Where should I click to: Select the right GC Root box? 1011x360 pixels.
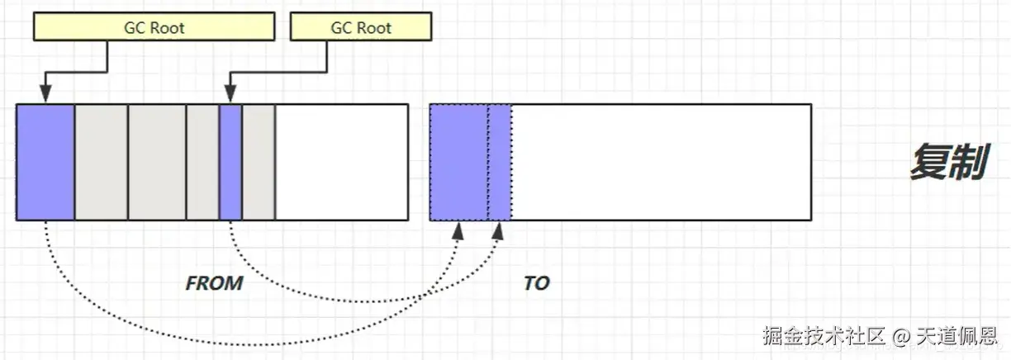coord(362,27)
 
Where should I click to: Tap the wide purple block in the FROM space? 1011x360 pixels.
coord(45,162)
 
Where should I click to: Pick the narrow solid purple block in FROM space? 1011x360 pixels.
coord(230,162)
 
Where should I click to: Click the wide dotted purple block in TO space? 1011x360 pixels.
coord(458,162)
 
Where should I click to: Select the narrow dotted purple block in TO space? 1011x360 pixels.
coord(500,162)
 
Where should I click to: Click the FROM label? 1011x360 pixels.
coord(214,283)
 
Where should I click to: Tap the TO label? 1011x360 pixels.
coord(536,283)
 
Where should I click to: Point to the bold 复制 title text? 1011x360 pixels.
coord(949,163)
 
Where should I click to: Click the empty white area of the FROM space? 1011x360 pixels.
coord(341,162)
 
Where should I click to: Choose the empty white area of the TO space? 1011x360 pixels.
coord(661,162)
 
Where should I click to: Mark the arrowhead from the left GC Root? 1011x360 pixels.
coord(46,96)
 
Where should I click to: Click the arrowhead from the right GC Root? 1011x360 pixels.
coord(230,96)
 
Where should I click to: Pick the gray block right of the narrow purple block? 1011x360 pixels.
coord(258,162)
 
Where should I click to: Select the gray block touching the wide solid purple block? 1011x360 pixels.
coord(101,162)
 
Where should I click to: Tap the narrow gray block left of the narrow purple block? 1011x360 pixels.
coord(202,162)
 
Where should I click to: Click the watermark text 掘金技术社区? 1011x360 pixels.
coord(824,336)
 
